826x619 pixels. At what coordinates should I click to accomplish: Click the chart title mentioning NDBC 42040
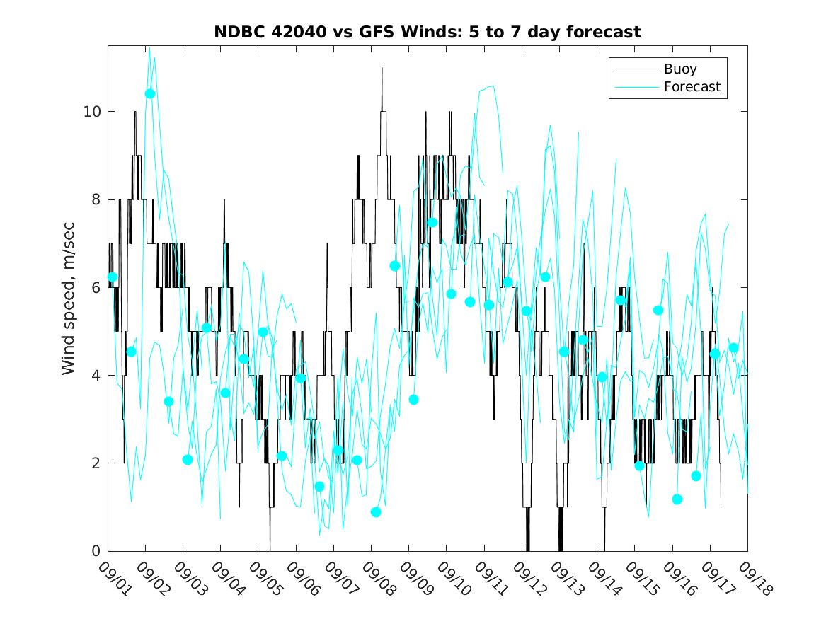428,32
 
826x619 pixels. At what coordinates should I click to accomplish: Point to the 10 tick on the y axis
92,112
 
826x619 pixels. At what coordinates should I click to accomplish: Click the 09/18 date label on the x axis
753,577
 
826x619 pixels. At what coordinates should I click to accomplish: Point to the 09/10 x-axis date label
452,577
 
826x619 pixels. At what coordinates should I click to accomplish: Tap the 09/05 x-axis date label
264,577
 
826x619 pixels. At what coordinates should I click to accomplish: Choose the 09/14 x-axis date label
603,577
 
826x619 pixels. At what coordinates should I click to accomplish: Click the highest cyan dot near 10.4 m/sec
150,93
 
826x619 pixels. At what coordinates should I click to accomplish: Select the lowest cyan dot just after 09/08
376,512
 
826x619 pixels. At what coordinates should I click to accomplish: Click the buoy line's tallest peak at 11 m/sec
382,69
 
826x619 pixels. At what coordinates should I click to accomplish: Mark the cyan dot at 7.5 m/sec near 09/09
432,222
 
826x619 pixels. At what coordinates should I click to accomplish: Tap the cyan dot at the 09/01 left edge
112,277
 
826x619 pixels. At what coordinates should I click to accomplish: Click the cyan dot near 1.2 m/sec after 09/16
677,499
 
